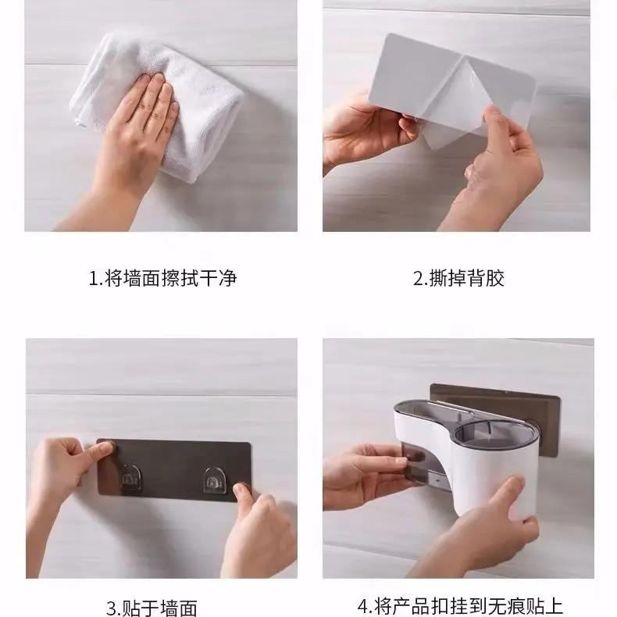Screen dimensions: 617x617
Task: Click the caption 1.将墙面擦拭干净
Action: click(162, 278)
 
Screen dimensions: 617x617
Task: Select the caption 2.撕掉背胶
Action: click(458, 278)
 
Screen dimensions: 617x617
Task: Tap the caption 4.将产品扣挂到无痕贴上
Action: click(460, 606)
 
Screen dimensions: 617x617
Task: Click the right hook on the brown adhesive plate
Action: click(213, 478)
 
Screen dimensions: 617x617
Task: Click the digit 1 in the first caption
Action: click(91, 278)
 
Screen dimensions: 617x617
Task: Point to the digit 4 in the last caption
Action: click(362, 606)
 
